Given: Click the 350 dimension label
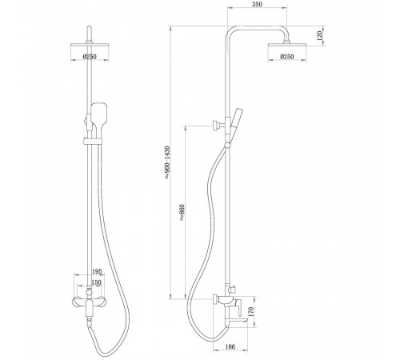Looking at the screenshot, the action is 257,4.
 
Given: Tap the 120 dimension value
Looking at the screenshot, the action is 320,35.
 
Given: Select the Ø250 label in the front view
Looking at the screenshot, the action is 90,57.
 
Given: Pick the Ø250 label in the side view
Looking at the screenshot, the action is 287,57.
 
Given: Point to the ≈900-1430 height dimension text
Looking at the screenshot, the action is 167,162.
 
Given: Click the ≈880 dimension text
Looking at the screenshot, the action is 182,213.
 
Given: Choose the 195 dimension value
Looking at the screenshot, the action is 97,271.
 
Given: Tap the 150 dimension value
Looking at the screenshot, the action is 96,282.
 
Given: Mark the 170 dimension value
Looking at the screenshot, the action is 250,311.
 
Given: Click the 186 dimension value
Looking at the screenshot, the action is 230,346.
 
